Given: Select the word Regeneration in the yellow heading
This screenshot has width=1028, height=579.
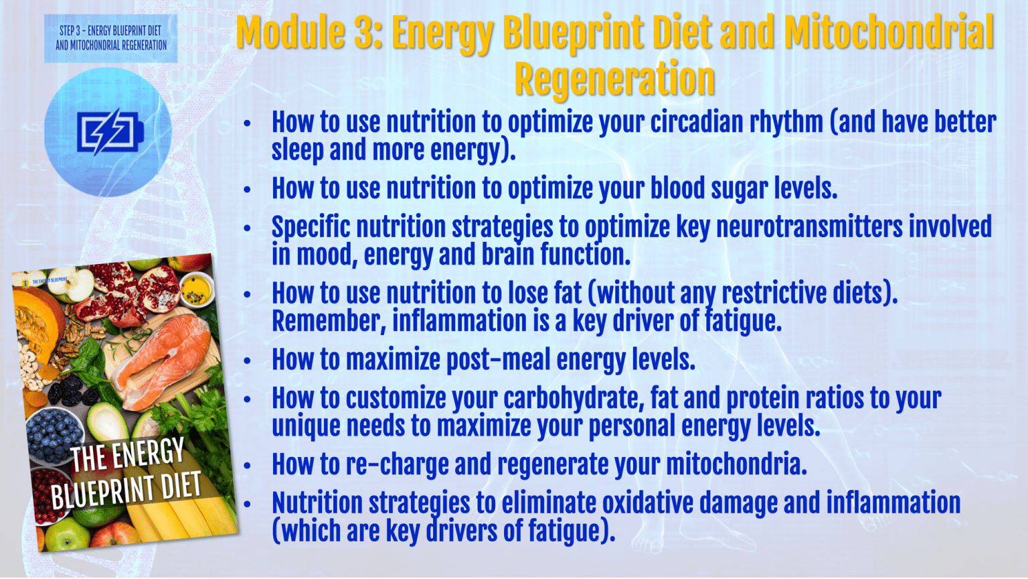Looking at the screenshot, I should (x=614, y=79).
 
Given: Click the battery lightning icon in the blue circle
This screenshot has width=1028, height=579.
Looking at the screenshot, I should (x=108, y=131).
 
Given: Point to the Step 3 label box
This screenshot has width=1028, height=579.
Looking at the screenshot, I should (x=110, y=38).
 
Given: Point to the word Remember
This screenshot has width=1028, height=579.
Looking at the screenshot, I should (x=329, y=322).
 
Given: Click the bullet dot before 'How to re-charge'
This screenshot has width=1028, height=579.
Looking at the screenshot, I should (x=247, y=465).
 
